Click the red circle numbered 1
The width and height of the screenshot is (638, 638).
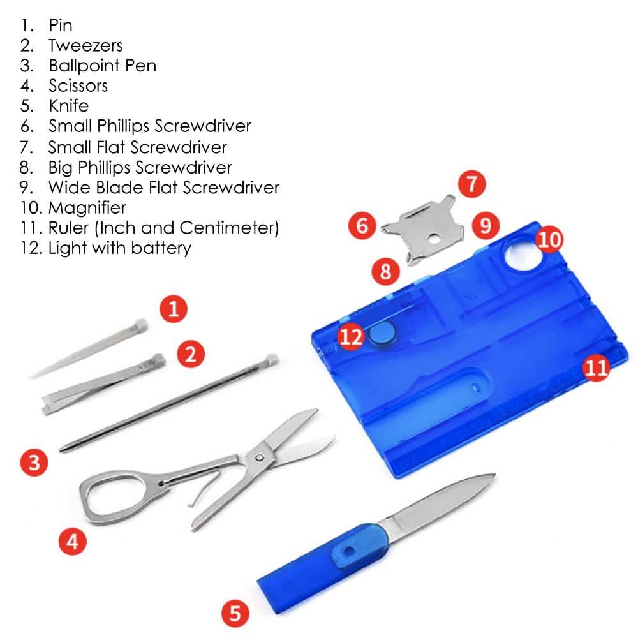tap(174, 309)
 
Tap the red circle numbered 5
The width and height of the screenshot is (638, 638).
tap(235, 614)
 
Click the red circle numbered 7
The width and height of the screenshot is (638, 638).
tap(471, 185)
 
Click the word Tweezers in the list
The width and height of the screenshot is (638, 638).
tap(85, 46)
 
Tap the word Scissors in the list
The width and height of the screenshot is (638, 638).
tap(78, 86)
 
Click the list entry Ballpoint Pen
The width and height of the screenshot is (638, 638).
tap(102, 66)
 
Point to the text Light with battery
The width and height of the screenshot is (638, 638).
tap(119, 248)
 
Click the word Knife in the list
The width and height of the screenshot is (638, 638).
tap(68, 106)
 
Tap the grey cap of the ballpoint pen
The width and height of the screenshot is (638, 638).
tap(272, 360)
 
